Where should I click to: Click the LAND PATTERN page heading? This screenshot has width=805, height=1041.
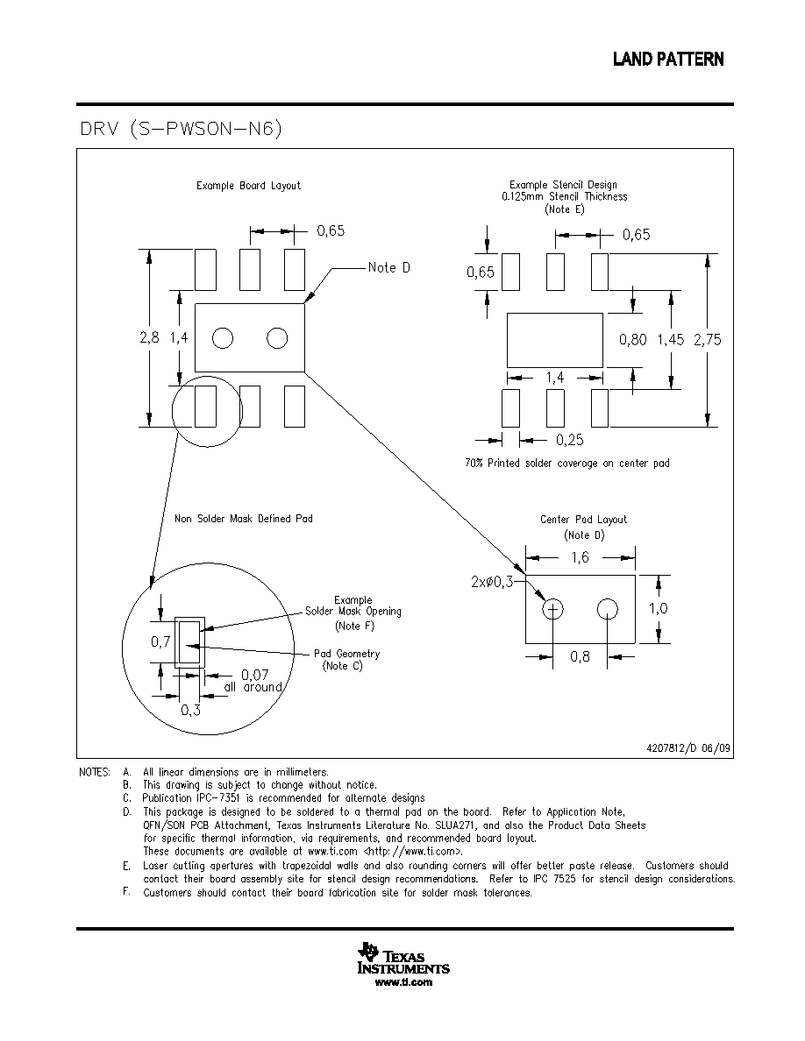tap(668, 60)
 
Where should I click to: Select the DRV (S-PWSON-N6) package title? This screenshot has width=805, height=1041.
tap(182, 128)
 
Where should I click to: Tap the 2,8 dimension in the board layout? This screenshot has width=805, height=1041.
tap(149, 337)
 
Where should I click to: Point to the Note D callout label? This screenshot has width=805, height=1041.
tap(389, 267)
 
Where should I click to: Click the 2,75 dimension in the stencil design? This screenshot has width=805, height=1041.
tap(708, 339)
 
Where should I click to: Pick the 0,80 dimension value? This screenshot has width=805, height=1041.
tap(633, 339)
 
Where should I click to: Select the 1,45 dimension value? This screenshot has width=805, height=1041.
tap(671, 339)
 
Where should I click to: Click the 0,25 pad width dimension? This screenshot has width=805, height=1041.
tap(570, 440)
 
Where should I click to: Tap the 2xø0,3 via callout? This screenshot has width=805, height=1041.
tap(492, 582)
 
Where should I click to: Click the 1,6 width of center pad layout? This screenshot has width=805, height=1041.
tap(581, 557)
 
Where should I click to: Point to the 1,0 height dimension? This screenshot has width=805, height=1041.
tap(659, 608)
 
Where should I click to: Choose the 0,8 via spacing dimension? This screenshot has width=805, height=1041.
tap(580, 656)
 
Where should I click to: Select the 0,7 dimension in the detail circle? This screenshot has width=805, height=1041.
tap(160, 641)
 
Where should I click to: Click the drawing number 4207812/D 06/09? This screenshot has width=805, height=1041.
tap(688, 748)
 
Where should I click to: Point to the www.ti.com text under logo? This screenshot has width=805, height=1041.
tap(404, 982)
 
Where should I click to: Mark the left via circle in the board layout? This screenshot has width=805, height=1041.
tap(223, 338)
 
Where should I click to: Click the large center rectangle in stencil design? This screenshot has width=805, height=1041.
tap(555, 340)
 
